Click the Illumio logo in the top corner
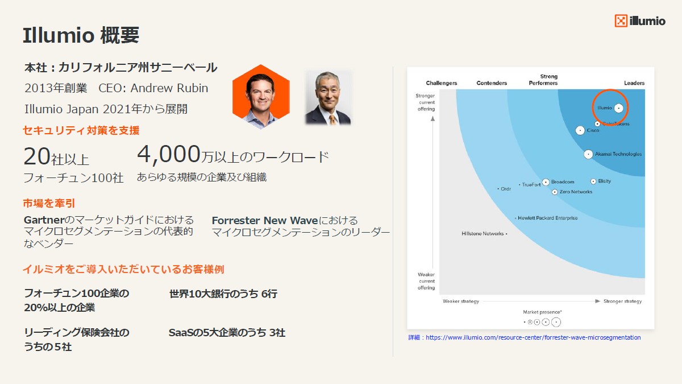tap(639, 21)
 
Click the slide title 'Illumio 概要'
tap(81, 35)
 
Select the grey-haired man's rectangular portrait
tap(328, 98)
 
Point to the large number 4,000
tap(169, 154)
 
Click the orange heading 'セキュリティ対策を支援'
tap(81, 130)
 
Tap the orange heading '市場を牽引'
tap(49, 203)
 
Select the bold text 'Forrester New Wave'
tap(265, 220)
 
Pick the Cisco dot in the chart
tap(580, 130)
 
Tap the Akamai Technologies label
tap(618, 154)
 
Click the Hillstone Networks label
tap(483, 233)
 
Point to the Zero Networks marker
tap(555, 192)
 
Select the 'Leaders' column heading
tap(634, 83)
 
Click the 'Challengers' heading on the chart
tap(442, 83)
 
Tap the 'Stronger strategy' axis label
tap(622, 301)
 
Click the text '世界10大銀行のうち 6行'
tap(223, 294)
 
